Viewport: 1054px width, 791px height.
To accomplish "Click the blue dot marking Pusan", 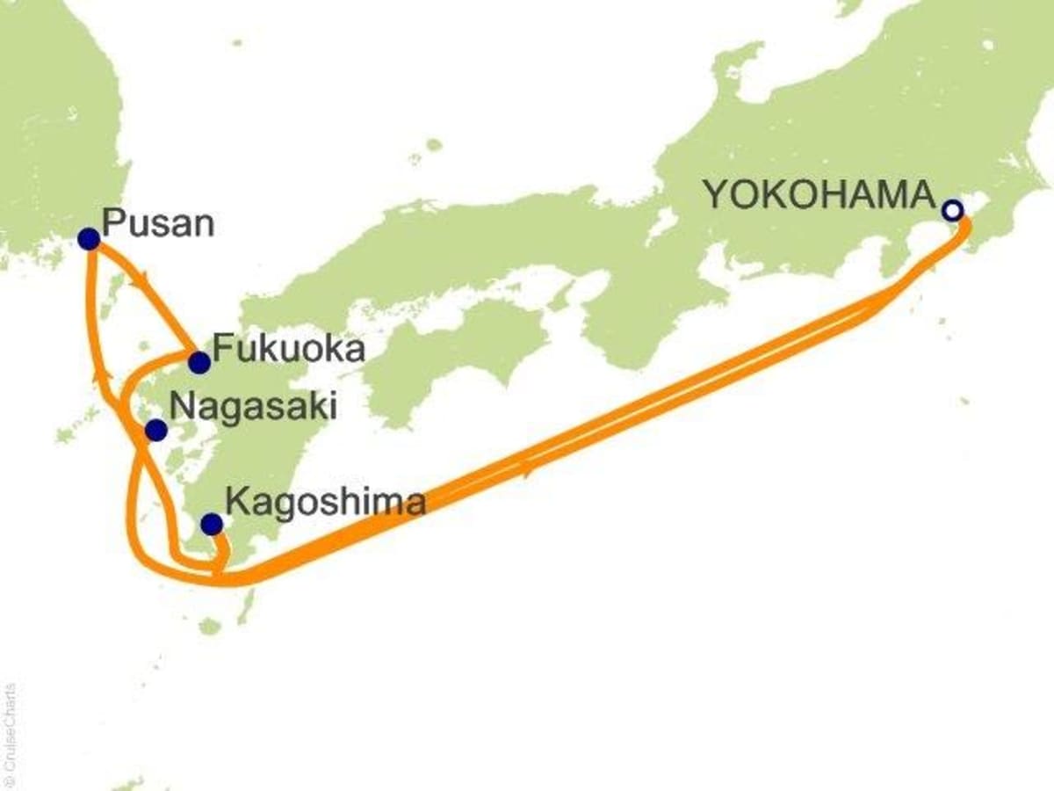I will pyautogui.click(x=89, y=239).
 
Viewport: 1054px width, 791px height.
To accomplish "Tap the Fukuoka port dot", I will pyautogui.click(x=199, y=361).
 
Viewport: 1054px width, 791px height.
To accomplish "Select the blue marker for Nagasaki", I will pyautogui.click(x=155, y=430).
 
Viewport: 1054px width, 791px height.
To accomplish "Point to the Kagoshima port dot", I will pyautogui.click(x=211, y=524).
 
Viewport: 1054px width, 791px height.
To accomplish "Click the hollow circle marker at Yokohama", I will pyautogui.click(x=951, y=211).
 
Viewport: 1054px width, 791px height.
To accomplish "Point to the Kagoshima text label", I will pyautogui.click(x=326, y=503).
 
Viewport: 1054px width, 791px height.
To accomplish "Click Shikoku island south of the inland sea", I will pyautogui.click(x=448, y=343).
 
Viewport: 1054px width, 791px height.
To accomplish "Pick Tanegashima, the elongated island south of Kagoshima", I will pyautogui.click(x=248, y=605).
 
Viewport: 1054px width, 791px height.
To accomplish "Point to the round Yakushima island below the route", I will pyautogui.click(x=209, y=626).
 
